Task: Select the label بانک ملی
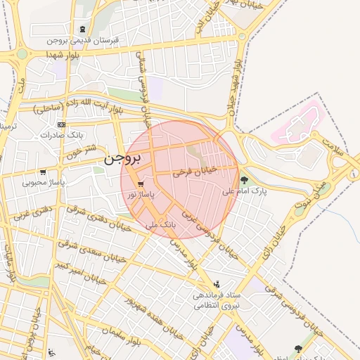[160, 225]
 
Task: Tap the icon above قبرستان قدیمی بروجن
[84, 30]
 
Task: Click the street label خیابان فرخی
[193, 170]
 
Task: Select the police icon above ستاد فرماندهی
[216, 284]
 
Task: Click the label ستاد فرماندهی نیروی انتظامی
[217, 300]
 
